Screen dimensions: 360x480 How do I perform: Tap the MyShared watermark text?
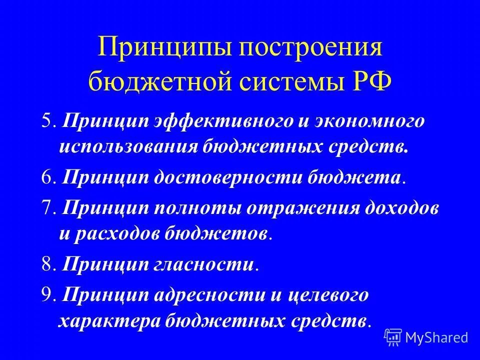click(x=437, y=337)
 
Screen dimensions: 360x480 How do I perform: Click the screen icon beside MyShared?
click(x=393, y=337)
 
